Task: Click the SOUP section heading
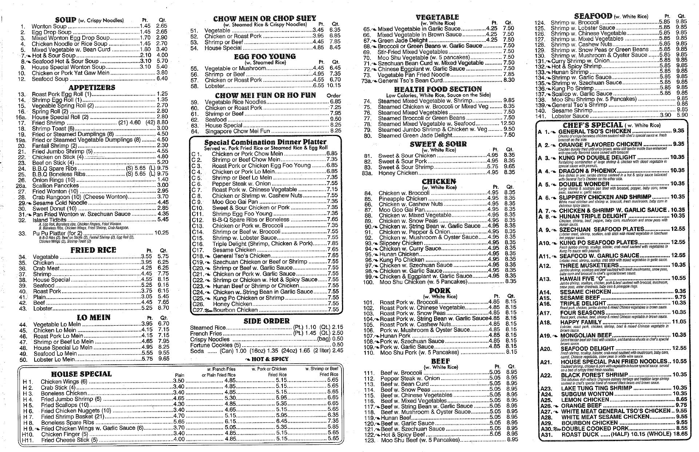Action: coord(66,20)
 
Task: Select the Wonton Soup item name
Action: coord(49,26)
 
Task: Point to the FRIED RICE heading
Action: coord(93,250)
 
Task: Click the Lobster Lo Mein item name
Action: coord(54,360)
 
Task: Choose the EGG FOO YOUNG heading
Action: coord(265,57)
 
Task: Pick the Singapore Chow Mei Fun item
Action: coord(237,131)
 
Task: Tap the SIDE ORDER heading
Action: coord(266,321)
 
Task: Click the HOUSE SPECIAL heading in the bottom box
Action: coord(81,374)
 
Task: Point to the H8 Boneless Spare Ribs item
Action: coord(67,423)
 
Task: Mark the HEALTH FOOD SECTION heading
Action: coord(438,89)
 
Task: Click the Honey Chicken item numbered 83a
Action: coord(398,173)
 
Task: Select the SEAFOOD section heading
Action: coord(593,16)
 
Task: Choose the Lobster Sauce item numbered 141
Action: coord(570,116)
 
